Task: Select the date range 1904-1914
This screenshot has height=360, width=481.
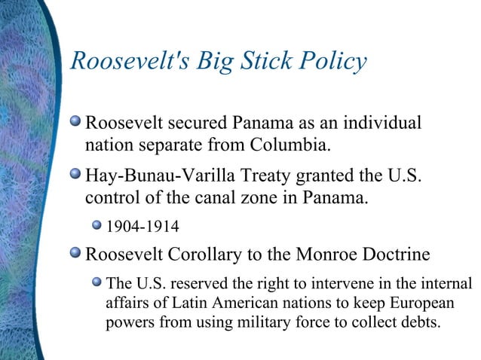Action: [x=142, y=225]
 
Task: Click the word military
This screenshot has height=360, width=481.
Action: [x=274, y=321]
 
